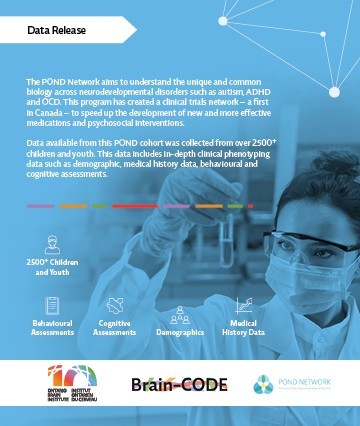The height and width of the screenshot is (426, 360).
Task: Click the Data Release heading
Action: point(57,32)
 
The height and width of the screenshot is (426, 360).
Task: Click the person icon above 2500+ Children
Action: point(51,242)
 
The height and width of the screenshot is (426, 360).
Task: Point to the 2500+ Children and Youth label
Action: point(51,266)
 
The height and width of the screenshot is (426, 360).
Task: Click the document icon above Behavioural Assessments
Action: point(51,305)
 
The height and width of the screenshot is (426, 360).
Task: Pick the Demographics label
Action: point(180,331)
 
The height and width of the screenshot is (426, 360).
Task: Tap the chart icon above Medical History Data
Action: point(243,305)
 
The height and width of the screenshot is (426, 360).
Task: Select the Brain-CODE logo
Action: point(180,384)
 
